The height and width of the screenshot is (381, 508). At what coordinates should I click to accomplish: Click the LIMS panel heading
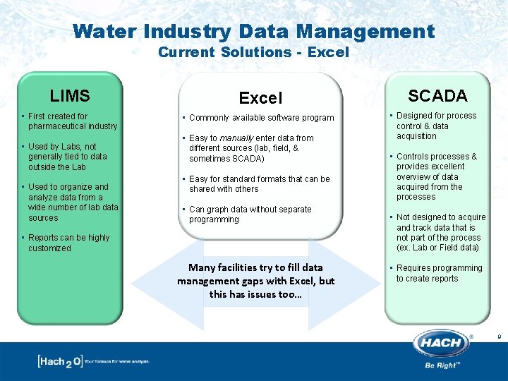click(70, 95)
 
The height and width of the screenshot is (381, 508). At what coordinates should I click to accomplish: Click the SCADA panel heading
click(437, 95)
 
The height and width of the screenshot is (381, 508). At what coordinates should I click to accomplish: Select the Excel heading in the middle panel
click(260, 98)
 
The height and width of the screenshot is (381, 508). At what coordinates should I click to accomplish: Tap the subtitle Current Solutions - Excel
click(253, 52)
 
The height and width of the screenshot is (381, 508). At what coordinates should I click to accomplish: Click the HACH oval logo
click(442, 344)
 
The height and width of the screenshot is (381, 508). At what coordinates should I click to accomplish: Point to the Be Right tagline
click(442, 365)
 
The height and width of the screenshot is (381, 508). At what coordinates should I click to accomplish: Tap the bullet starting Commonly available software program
click(261, 118)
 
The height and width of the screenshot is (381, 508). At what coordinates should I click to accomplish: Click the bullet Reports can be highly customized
click(68, 243)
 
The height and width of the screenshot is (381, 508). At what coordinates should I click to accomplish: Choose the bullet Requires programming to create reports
click(439, 273)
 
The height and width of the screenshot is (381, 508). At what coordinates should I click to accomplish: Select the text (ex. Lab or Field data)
click(437, 248)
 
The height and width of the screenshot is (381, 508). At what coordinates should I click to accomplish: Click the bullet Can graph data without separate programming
click(250, 214)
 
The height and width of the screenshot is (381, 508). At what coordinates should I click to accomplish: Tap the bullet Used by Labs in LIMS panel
click(67, 157)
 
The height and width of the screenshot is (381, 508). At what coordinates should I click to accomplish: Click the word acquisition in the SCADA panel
click(416, 136)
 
